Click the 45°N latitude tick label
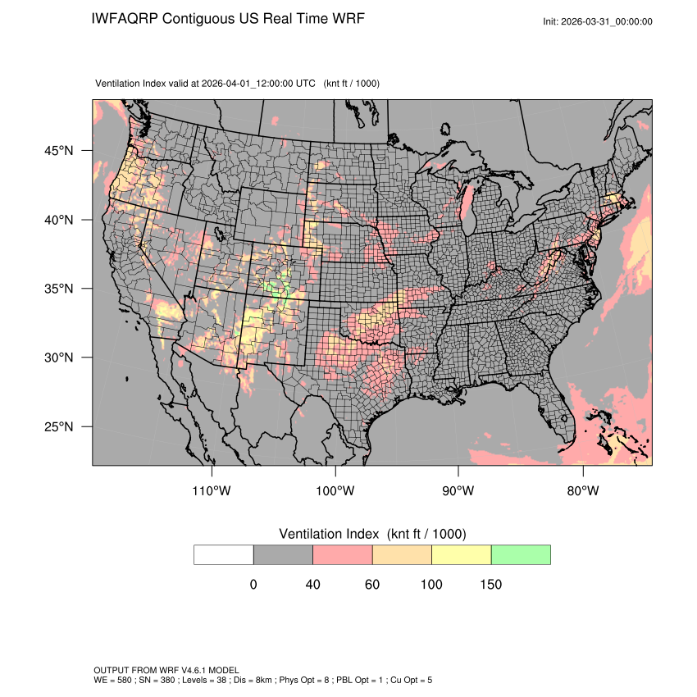pos(60,151)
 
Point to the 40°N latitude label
pos(60,220)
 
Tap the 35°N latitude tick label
pos(60,289)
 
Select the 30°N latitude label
pos(60,358)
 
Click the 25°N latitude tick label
pos(60,426)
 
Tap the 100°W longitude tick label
pos(335,491)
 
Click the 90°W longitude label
pos(458,491)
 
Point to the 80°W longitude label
pos(582,491)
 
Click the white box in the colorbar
pos(224,554)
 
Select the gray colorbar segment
pos(283,554)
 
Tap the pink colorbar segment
pos(343,554)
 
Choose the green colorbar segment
pos(521,554)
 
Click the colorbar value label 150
pos(490,585)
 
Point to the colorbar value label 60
pos(372,585)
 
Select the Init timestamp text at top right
pos(598,21)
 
